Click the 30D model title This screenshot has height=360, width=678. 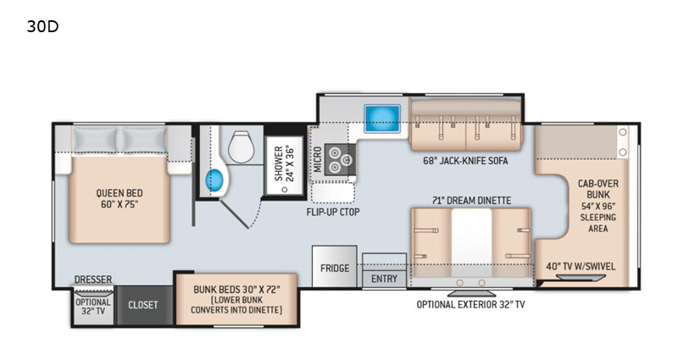coord(42,27)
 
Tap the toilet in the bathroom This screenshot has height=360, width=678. coord(241,147)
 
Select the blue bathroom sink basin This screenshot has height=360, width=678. coord(214,180)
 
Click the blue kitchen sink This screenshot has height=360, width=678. coord(382,118)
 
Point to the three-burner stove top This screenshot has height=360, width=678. coord(341,159)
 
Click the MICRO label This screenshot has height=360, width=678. coord(318,159)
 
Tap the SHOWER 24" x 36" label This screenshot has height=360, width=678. coord(284,163)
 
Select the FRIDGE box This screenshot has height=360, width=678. coord(335,267)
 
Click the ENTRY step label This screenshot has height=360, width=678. coord(384,279)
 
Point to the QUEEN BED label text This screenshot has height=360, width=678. coord(119,193)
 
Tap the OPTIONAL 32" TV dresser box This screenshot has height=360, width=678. coord(93,306)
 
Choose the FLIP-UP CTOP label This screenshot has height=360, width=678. coord(333,213)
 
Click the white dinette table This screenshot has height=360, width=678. coord(471,237)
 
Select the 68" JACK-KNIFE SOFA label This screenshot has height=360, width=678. coord(465,161)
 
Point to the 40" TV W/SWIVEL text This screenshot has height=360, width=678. coord(581,266)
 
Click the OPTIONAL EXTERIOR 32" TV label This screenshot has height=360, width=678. coord(471,305)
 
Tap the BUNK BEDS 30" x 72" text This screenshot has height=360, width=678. coord(236,289)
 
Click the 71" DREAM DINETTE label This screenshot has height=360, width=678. coord(472,201)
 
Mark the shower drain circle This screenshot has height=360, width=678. coord(285,189)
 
